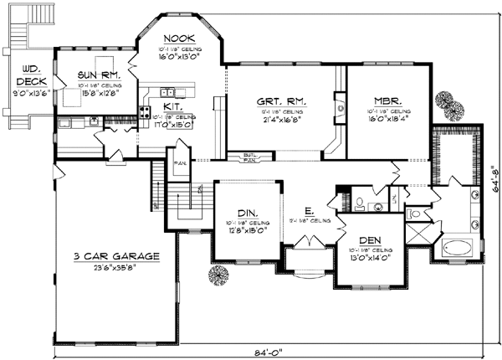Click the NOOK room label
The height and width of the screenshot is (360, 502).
coord(178,39)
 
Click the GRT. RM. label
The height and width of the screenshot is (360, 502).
coord(281,102)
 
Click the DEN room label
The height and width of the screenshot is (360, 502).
coord(368,239)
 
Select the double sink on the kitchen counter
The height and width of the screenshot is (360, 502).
coord(167,92)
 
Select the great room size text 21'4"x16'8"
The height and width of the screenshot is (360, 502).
coord(281,121)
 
